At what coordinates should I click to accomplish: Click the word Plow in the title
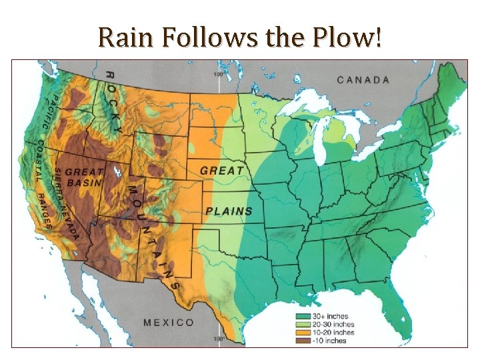pos(348,38)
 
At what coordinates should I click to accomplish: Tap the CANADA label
pos(363,80)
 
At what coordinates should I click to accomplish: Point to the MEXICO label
pos(169,323)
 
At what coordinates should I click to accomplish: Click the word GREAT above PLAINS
pos(222,171)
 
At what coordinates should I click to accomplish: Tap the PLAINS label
pos(229,211)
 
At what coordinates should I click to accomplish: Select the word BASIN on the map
pos(84,183)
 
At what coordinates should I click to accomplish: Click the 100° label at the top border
pos(218,74)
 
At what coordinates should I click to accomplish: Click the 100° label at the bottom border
pos(218,339)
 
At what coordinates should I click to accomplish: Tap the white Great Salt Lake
pos(117,172)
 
